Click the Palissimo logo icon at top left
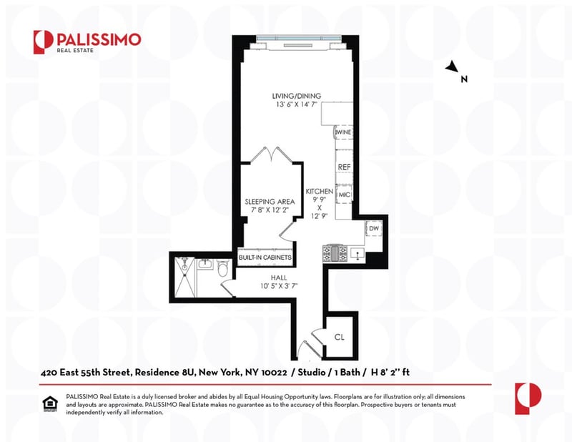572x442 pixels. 44,42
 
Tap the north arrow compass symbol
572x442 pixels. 453,67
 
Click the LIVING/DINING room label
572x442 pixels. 297,96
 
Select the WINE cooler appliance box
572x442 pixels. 343,132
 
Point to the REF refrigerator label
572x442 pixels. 344,167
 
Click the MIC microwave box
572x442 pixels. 345,195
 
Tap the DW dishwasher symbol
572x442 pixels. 374,228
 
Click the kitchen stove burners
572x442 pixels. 335,253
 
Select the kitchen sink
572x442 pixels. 357,254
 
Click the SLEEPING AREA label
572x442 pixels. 270,202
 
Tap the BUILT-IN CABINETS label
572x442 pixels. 265,257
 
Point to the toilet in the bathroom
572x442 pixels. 222,268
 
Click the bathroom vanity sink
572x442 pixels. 205,264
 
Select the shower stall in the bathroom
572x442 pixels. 185,277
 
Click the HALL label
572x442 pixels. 279,278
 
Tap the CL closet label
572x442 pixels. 339,337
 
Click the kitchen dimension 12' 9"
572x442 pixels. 319,216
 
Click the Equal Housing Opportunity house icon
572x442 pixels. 50,404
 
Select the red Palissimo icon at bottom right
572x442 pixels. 528,398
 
